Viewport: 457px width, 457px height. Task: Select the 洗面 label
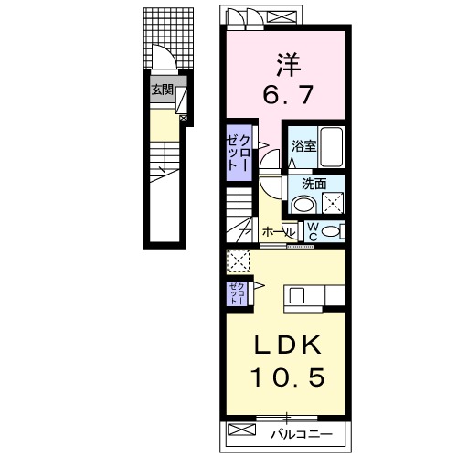point(302,182)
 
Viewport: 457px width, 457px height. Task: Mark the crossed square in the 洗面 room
point(331,203)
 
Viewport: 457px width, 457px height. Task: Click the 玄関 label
point(163,90)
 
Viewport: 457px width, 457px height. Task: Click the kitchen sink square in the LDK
point(296,294)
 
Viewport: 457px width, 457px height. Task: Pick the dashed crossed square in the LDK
point(238,260)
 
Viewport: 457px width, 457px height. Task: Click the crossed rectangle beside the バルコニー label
point(242,430)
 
